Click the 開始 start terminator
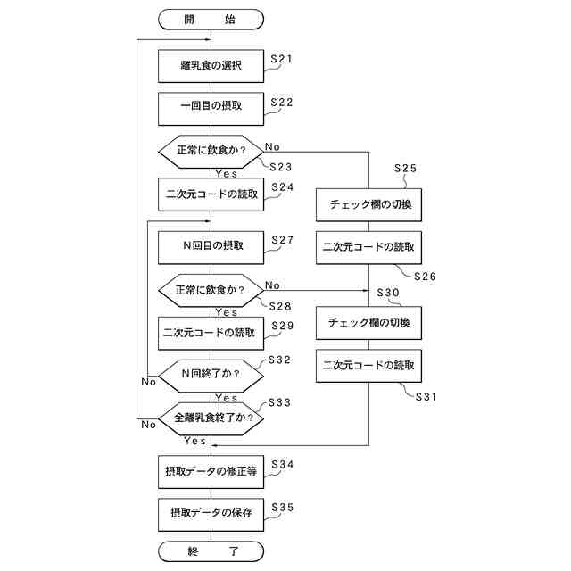(x=211, y=18)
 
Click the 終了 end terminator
(x=211, y=550)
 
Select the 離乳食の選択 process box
(x=211, y=65)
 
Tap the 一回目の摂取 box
(x=211, y=107)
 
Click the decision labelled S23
(x=211, y=150)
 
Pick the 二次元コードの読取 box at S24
(x=211, y=193)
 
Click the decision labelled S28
(x=211, y=290)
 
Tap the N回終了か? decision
(x=211, y=375)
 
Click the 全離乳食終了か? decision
(x=211, y=417)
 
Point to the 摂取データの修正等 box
(x=211, y=470)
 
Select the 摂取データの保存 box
(x=211, y=513)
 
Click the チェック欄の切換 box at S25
(x=368, y=204)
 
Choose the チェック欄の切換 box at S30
(x=368, y=322)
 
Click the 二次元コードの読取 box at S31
(x=368, y=365)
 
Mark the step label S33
(x=279, y=402)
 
